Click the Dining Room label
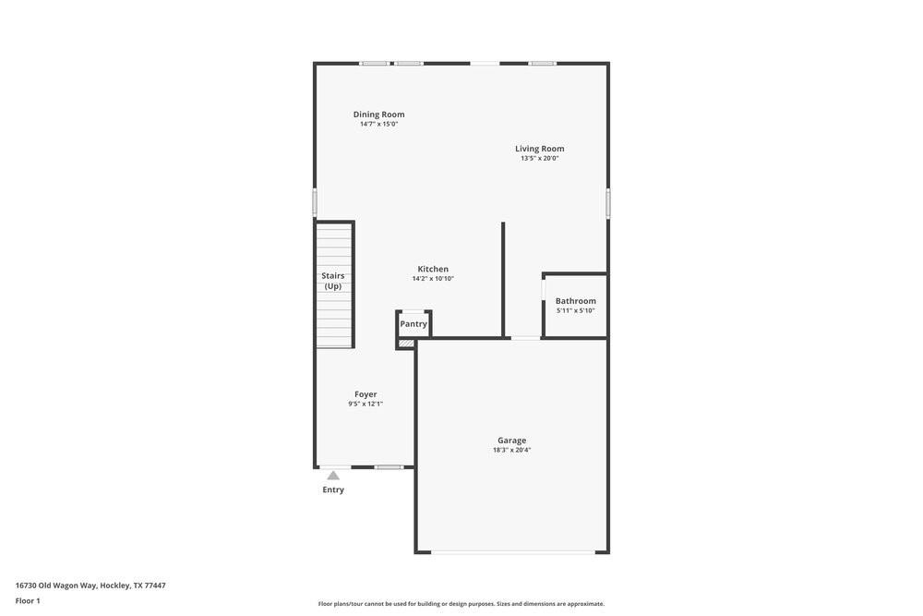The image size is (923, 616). pos(378,115)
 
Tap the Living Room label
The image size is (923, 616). pos(539,149)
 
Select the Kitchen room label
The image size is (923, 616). pos(433,269)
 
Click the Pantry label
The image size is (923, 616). pos(414,324)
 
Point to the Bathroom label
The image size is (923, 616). pos(575,301)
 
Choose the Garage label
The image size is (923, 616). pos(511,441)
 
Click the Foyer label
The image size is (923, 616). pos(366,394)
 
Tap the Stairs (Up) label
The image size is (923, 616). pos(333,281)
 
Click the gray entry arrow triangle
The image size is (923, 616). pos(333,476)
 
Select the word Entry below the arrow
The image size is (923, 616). pos(333,489)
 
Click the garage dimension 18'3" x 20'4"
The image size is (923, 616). pos(511,451)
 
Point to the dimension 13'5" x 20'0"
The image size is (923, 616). pos(539,159)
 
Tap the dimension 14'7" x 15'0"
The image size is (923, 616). pos(378,124)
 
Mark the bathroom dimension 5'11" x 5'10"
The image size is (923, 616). pos(575,311)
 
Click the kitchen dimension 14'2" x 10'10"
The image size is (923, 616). pos(433,279)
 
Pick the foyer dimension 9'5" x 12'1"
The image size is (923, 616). pos(366,404)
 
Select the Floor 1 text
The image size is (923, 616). pos(28,601)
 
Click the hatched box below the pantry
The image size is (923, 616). pos(406,344)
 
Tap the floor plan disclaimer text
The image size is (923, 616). pos(461,604)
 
